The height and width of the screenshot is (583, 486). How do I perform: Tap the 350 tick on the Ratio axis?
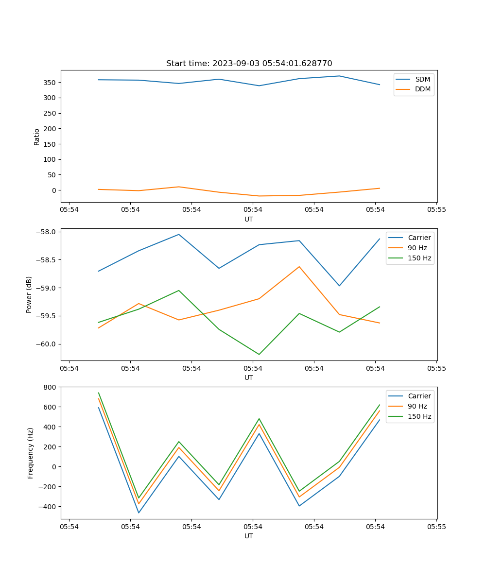tap(50, 83)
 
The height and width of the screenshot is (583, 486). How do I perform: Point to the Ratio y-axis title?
tap(37, 137)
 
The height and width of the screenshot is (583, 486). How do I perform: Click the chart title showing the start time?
tap(249, 64)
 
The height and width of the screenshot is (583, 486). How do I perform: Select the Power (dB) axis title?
tap(29, 294)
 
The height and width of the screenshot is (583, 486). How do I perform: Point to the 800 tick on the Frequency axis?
tap(50, 387)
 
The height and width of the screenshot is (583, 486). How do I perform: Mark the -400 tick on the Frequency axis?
tap(48, 507)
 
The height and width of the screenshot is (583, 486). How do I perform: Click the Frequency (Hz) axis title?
tap(31, 453)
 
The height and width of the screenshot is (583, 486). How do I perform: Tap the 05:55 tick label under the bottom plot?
tap(436, 526)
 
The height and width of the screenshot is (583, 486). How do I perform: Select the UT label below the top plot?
tap(249, 219)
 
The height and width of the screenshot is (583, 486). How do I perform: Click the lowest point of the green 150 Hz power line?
tap(259, 354)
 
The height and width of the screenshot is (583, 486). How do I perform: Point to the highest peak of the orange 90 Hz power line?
tap(299, 266)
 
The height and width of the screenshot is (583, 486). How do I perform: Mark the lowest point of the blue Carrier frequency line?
tap(139, 513)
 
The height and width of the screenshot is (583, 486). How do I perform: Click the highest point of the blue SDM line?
tap(339, 76)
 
